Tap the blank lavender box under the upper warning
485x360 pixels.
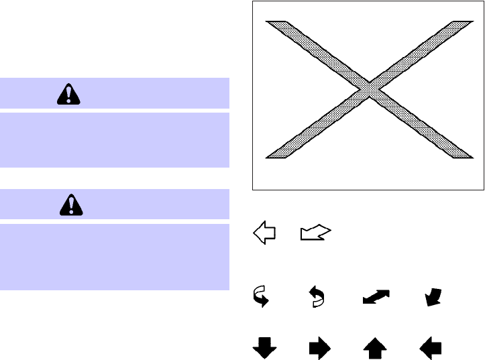pyautogui.click(x=115, y=139)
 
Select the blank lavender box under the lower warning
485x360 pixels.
pyautogui.click(x=115, y=257)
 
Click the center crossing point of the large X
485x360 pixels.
pyautogui.click(x=369, y=89)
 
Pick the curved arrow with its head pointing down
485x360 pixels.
pyautogui.click(x=261, y=296)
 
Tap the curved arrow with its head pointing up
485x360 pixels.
pyautogui.click(x=315, y=296)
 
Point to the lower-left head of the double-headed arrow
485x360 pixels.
pyautogui.click(x=367, y=302)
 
